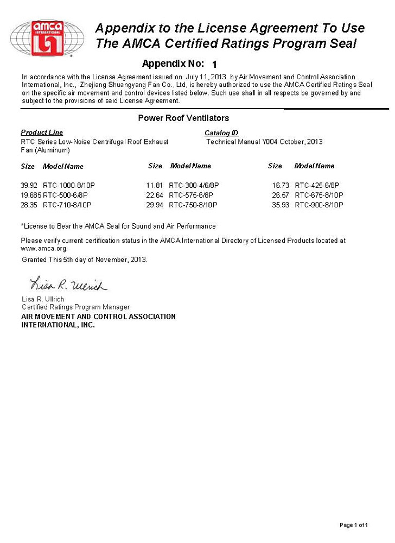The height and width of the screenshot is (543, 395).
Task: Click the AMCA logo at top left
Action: (47, 37)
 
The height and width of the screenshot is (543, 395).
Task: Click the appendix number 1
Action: (214, 64)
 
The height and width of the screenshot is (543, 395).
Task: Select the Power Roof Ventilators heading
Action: (183, 118)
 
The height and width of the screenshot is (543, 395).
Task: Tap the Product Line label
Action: (42, 132)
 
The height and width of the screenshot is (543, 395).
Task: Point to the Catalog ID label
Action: (221, 133)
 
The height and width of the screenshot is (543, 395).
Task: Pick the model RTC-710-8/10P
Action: (67, 205)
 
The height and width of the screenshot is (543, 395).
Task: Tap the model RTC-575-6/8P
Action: (191, 195)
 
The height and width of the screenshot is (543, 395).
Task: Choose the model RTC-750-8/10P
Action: (193, 205)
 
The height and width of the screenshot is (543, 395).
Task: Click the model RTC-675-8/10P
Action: (319, 195)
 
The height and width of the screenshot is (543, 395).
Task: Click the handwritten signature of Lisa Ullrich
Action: (68, 285)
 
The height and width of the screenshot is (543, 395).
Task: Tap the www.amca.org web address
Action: (44, 248)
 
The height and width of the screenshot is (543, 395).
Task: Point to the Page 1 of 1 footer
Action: (354, 525)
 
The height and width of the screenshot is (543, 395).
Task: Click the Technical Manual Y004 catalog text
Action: (265, 142)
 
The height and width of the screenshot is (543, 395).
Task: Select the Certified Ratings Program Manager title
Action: (75, 307)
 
